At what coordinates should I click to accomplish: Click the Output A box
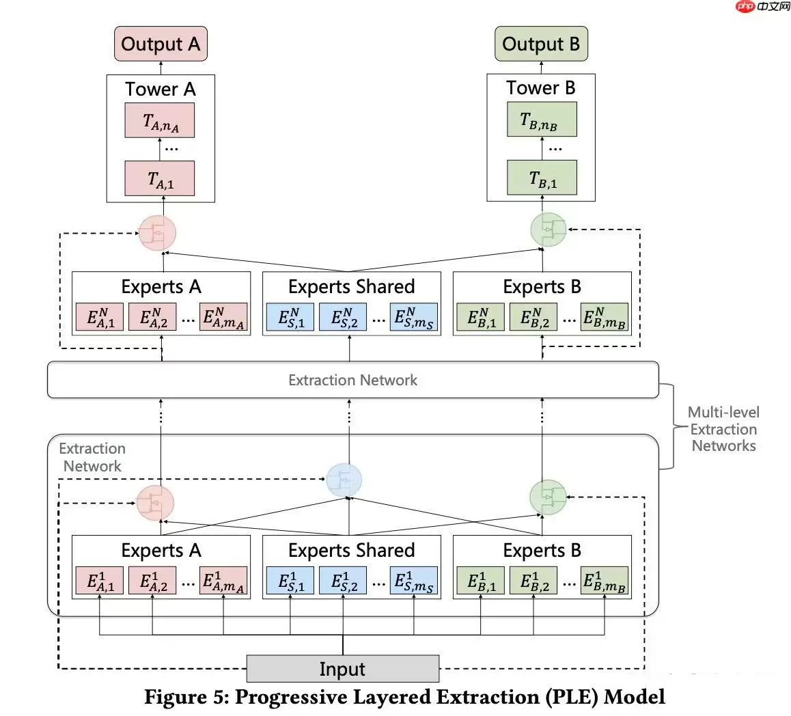pyautogui.click(x=161, y=44)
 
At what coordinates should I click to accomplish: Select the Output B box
pyautogui.click(x=541, y=44)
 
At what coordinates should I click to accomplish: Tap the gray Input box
pyautogui.click(x=342, y=669)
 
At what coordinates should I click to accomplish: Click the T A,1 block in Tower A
pyautogui.click(x=160, y=179)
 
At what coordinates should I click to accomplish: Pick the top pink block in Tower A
pyautogui.click(x=160, y=121)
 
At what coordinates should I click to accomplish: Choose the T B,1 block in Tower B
pyautogui.click(x=542, y=178)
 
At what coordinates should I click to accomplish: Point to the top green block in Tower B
pyautogui.click(x=542, y=120)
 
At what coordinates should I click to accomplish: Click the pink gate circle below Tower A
pyautogui.click(x=158, y=233)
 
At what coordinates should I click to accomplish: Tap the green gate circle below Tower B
pyautogui.click(x=549, y=231)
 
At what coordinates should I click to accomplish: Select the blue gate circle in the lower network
pyautogui.click(x=344, y=480)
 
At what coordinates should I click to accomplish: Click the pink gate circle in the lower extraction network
pyautogui.click(x=155, y=502)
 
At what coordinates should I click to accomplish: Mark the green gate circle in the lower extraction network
pyautogui.click(x=549, y=498)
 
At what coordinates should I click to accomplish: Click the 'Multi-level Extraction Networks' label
pyautogui.click(x=723, y=429)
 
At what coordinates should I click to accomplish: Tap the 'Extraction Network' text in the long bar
pyautogui.click(x=352, y=380)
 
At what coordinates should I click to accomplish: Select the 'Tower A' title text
pyautogui.click(x=161, y=89)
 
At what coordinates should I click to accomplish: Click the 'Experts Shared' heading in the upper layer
pyautogui.click(x=351, y=286)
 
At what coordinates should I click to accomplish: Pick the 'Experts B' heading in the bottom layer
pyautogui.click(x=542, y=550)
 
